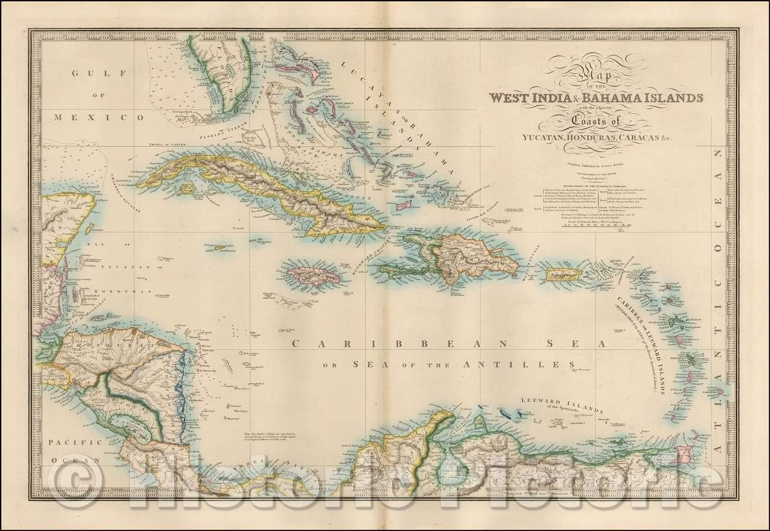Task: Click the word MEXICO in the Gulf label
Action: tap(99, 117)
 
